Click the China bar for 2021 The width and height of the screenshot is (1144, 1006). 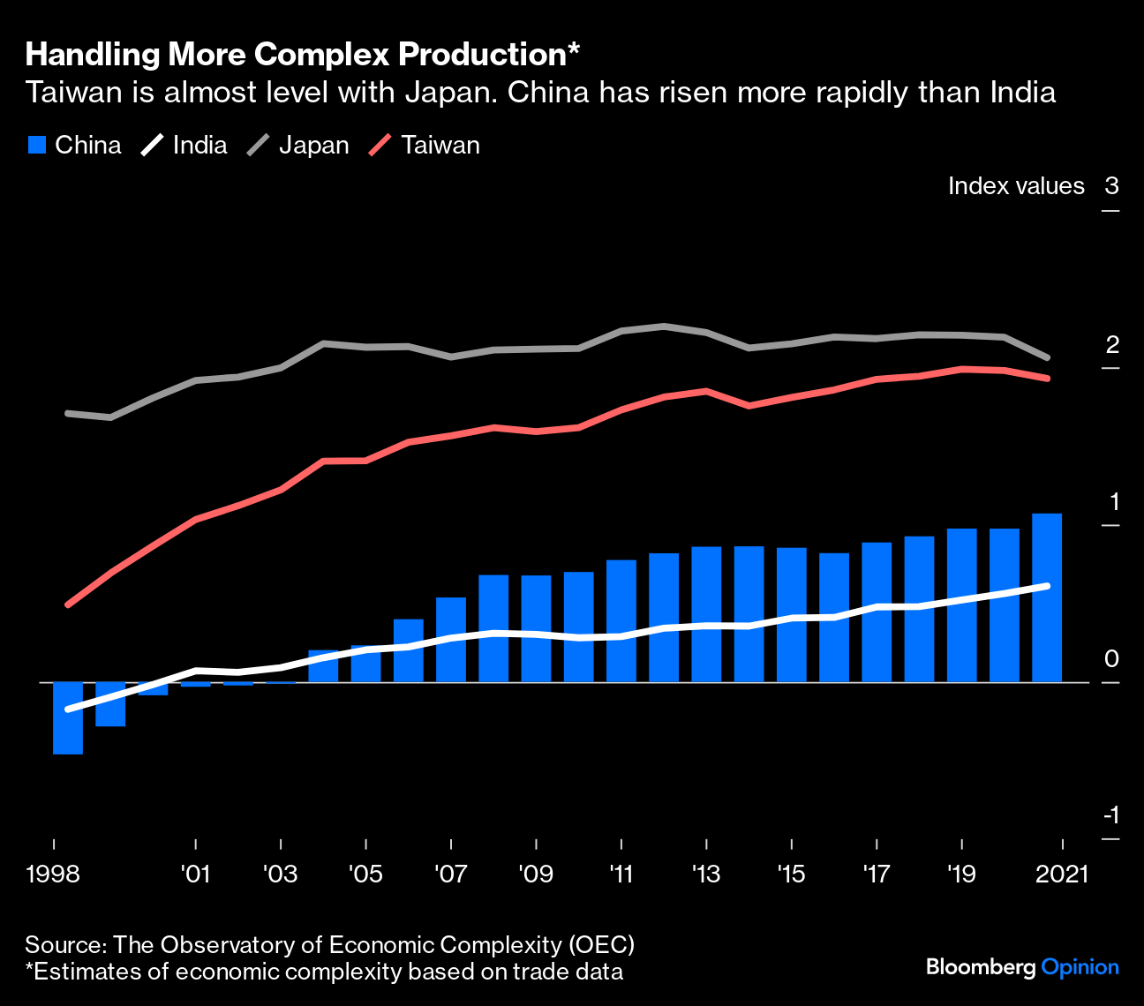1047,598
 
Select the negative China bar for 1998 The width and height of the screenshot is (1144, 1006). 68,717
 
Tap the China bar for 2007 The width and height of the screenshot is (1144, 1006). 451,640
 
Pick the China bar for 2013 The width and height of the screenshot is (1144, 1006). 706,614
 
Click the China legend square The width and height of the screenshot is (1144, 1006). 36,145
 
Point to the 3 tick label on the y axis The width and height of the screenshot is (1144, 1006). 1111,185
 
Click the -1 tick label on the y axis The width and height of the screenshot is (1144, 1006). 1110,815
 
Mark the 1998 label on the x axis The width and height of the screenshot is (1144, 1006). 53,874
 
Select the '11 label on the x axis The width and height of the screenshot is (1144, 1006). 621,874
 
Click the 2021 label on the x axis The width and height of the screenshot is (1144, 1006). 1062,874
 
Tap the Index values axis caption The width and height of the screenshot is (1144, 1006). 1016,185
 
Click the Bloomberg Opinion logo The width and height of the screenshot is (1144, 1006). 1022,967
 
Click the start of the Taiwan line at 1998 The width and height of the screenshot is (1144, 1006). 68,604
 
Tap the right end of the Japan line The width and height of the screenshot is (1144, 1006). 1048,357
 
